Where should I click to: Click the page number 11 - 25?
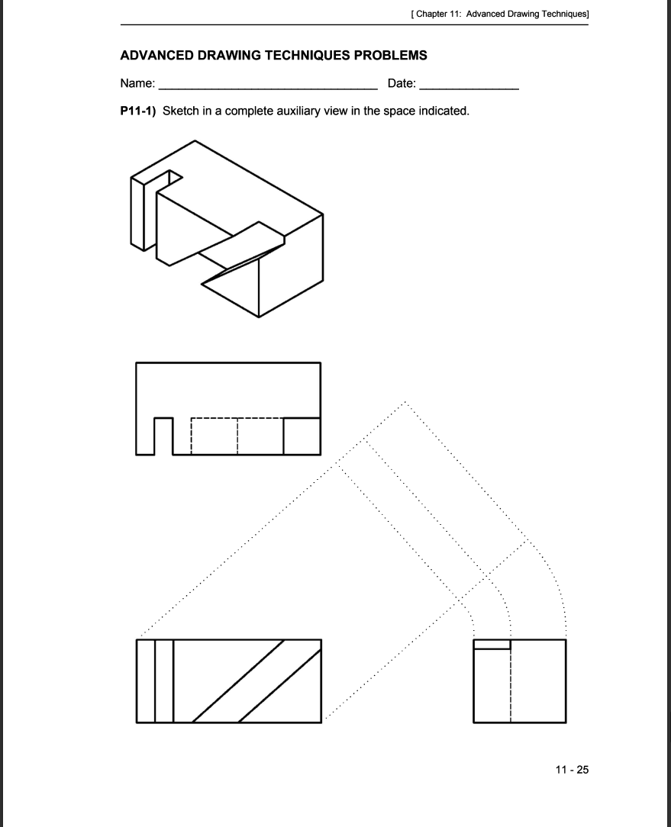pyautogui.click(x=573, y=769)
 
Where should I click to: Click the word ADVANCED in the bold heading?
pyautogui.click(x=156, y=56)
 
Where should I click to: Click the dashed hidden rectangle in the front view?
pyautogui.click(x=237, y=436)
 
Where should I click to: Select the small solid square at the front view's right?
pyautogui.click(x=302, y=436)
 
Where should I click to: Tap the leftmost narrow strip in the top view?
pyautogui.click(x=146, y=681)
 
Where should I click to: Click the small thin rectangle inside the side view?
pyautogui.click(x=491, y=645)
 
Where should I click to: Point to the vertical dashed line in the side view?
pyautogui.click(x=510, y=687)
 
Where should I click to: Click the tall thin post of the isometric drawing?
pyautogui.click(x=138, y=213)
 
